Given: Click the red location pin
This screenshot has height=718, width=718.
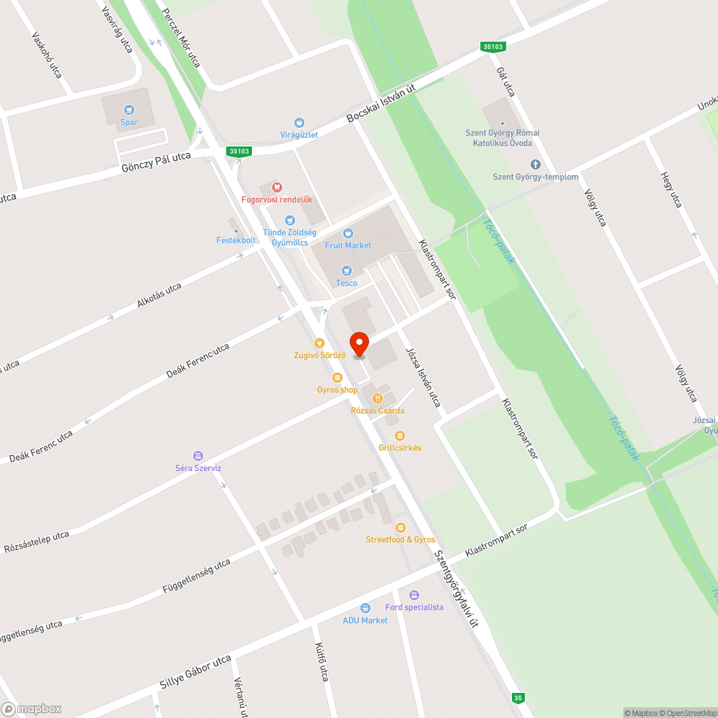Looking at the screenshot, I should (358, 345).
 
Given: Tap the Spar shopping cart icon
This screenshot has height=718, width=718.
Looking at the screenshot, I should (129, 110).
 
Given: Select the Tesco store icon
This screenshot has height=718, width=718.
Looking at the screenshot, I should (347, 271).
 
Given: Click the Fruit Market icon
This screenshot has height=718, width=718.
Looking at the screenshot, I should (348, 233).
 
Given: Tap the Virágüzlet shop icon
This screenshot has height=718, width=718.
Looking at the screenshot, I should (299, 123).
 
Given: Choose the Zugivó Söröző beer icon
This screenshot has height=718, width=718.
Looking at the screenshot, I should (320, 342).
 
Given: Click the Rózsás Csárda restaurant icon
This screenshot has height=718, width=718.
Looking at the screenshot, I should (377, 398).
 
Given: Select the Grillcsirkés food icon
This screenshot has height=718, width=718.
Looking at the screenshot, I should (400, 435).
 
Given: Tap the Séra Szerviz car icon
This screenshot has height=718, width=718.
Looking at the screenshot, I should (198, 455).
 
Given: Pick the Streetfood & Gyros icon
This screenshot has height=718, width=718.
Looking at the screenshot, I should (401, 528).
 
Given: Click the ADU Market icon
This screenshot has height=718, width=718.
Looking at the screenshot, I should (365, 608).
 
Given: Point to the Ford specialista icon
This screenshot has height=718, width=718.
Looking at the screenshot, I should (414, 595).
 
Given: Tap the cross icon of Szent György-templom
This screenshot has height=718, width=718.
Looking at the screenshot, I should (535, 164).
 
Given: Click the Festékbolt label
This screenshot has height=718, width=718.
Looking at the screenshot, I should (236, 240).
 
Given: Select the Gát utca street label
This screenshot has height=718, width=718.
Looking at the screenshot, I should (506, 82).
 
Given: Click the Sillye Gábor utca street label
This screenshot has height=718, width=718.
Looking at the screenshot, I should (195, 675).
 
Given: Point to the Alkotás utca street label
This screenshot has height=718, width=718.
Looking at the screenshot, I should (159, 295).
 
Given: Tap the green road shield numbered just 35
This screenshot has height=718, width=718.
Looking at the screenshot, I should (518, 697).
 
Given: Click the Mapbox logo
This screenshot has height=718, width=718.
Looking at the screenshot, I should (32, 709).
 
